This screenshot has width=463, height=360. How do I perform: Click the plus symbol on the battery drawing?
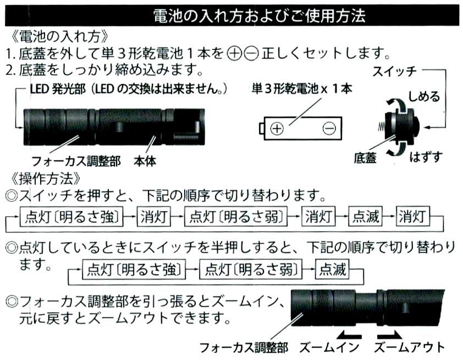pos(277,129)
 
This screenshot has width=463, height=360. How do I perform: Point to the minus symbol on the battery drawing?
pos(329,129)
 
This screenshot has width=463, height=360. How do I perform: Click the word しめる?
pos(423,97)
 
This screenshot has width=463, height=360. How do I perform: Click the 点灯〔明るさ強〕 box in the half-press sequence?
pos(133,269)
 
